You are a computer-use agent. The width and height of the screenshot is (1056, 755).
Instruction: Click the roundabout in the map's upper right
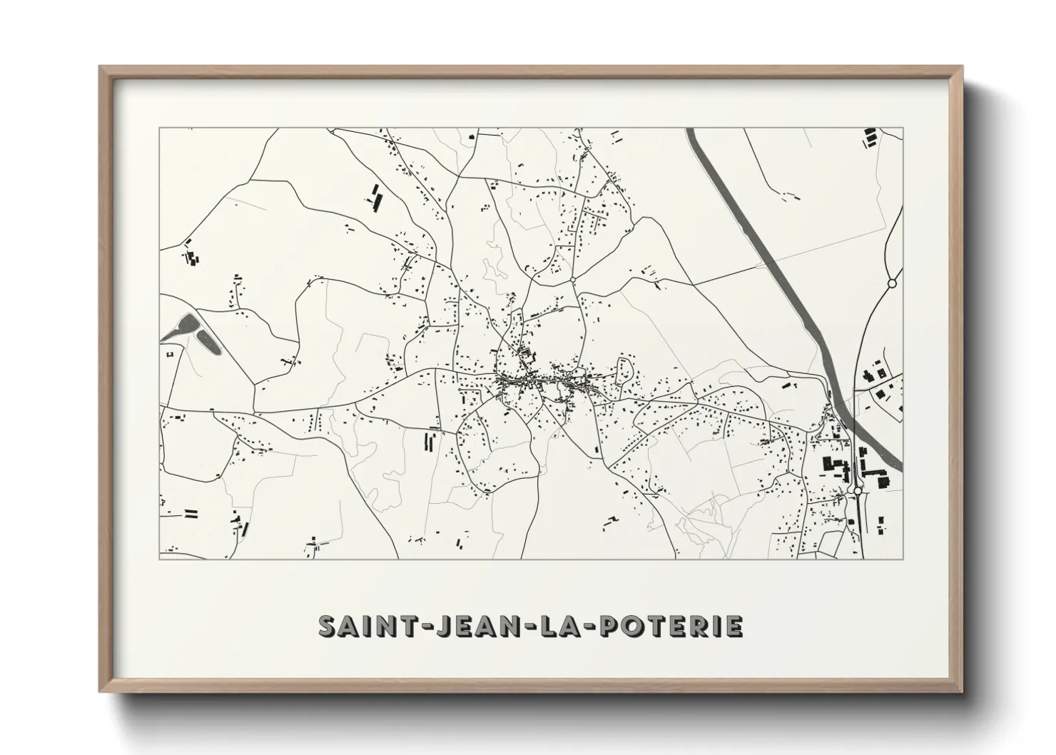pos(891,283)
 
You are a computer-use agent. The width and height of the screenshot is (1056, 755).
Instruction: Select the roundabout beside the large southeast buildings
pos(858,491)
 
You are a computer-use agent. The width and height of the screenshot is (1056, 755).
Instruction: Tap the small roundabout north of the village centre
pos(573,280)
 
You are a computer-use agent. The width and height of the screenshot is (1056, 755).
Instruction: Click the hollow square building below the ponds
pos(170,354)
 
